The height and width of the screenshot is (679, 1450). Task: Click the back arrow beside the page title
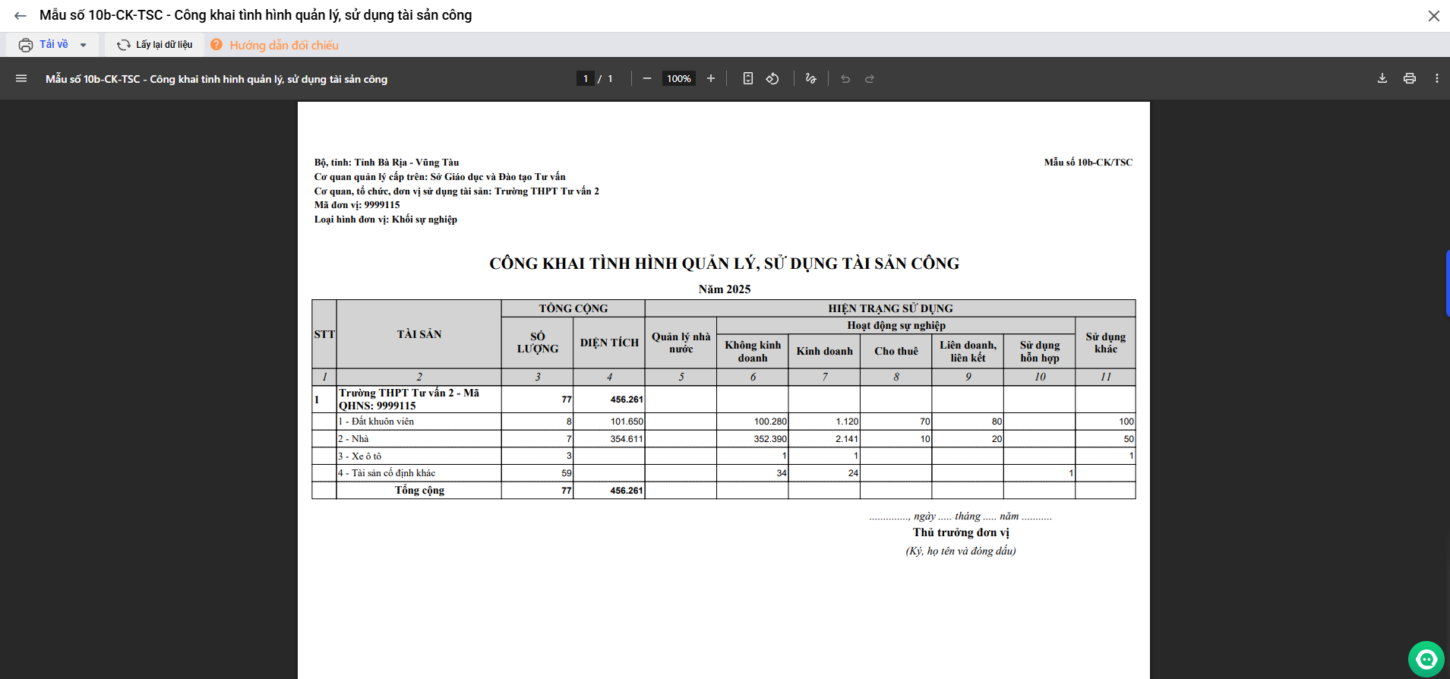(21, 15)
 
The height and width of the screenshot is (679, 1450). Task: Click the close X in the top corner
(1433, 16)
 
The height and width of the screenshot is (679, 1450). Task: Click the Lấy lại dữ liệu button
(155, 45)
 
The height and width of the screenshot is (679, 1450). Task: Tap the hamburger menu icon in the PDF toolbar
(21, 78)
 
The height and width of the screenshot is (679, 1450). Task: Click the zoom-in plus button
(711, 78)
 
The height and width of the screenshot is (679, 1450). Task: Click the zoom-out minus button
(647, 78)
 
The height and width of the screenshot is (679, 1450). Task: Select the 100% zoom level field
(678, 78)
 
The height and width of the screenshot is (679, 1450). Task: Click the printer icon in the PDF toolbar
(1410, 78)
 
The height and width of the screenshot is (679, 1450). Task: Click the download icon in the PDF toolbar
(1382, 78)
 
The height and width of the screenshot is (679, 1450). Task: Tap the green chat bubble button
(1426, 658)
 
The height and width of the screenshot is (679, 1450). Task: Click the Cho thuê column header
(896, 351)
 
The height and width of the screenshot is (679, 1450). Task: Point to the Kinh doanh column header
(824, 351)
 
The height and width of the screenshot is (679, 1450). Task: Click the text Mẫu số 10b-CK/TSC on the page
(1088, 163)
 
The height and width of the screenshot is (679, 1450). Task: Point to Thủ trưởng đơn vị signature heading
(961, 532)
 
